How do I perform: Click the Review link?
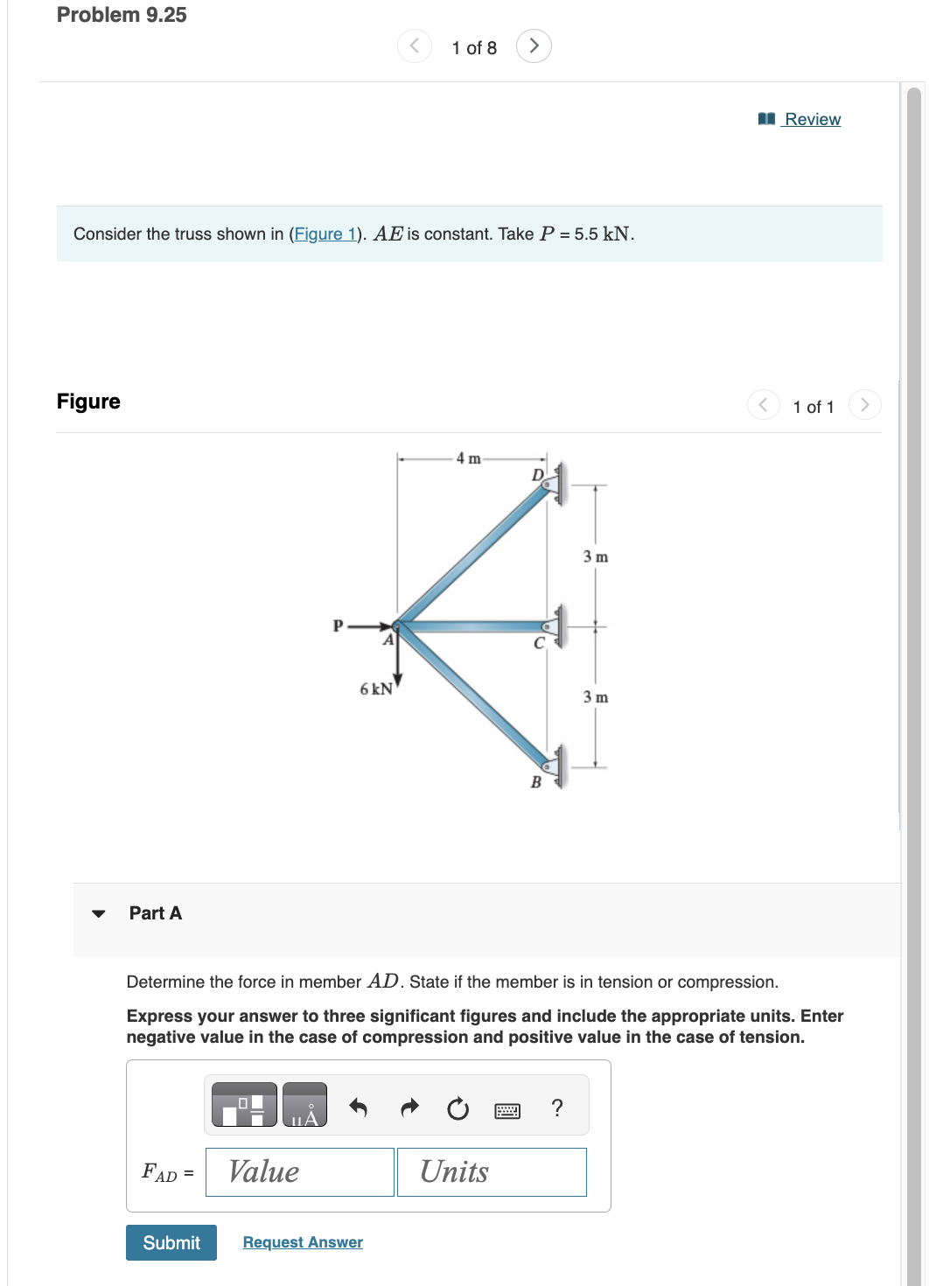[812, 119]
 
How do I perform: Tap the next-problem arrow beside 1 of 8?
[534, 45]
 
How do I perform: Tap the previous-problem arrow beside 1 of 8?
[415, 45]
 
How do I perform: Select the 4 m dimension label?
[468, 458]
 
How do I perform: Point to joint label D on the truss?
[538, 475]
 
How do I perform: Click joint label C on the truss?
[539, 644]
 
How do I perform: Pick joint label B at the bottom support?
[536, 782]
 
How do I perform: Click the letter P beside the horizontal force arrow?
[338, 626]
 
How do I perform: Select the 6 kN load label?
[376, 689]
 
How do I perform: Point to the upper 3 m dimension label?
[596, 557]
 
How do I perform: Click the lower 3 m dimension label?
[596, 697]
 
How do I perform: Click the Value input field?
[299, 1171]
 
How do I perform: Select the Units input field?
[492, 1171]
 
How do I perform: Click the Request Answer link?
[303, 1242]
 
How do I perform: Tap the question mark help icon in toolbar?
[557, 1108]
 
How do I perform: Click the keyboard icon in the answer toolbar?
[507, 1110]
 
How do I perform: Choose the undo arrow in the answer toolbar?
[358, 1108]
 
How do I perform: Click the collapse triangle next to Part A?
[99, 913]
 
